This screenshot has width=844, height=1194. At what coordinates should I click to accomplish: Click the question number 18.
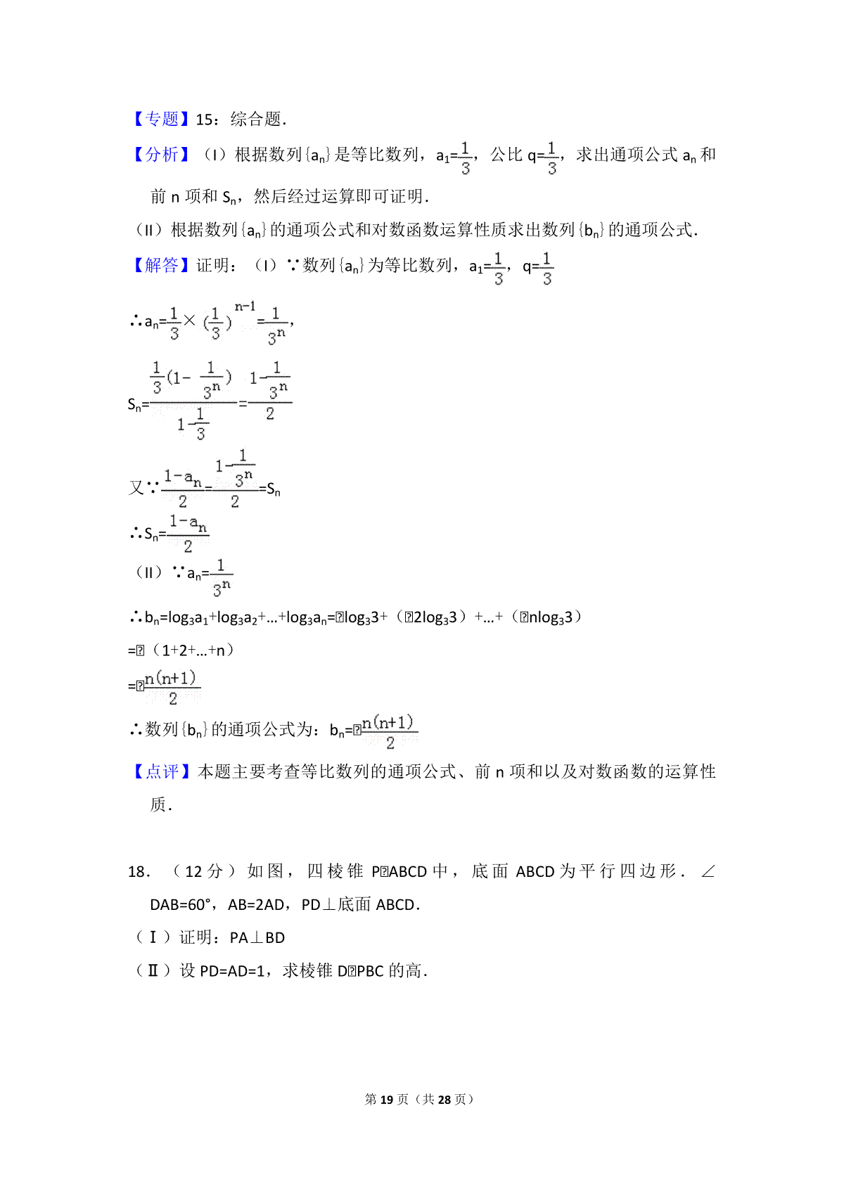coord(138,872)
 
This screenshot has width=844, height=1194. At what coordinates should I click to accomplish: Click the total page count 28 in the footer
coord(444,1099)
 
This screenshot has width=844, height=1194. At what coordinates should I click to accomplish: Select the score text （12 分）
coord(204,872)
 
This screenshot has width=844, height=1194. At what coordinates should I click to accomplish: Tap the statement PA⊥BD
coord(257,938)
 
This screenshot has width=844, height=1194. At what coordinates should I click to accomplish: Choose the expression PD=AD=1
coord(232,971)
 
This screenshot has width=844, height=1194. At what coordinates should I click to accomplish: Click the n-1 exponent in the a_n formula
coord(245,307)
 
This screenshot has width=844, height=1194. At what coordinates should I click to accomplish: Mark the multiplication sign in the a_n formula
coord(190,321)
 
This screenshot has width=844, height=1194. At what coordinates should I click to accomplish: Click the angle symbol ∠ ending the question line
coord(708,872)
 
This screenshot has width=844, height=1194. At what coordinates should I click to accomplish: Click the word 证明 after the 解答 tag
coord(213,265)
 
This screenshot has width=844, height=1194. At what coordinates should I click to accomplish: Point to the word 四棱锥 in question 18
coord(335,872)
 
